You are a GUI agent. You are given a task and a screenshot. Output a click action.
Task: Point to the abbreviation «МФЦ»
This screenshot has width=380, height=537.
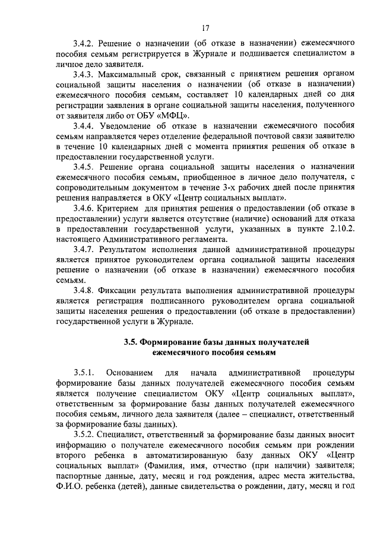click(x=176, y=115)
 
